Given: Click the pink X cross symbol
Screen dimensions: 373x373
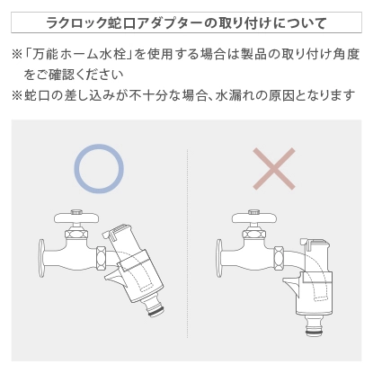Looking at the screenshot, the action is click(274, 169).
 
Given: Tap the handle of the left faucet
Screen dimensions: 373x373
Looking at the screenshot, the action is click(76, 217).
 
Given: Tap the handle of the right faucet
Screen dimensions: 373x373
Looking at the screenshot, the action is click(254, 217).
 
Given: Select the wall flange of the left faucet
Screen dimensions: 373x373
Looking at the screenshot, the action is click(42, 257).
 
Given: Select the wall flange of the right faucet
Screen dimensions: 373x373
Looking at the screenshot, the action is click(219, 257).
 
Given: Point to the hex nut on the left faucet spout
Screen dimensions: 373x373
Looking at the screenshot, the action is click(102, 258).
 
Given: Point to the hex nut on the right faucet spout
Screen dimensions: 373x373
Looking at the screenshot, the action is click(279, 258).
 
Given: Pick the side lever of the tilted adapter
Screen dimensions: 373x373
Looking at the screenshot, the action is click(113, 278).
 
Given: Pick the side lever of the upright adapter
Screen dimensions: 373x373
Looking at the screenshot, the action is click(290, 284).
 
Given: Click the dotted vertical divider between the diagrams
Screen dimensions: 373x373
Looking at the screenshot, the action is click(188, 243).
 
